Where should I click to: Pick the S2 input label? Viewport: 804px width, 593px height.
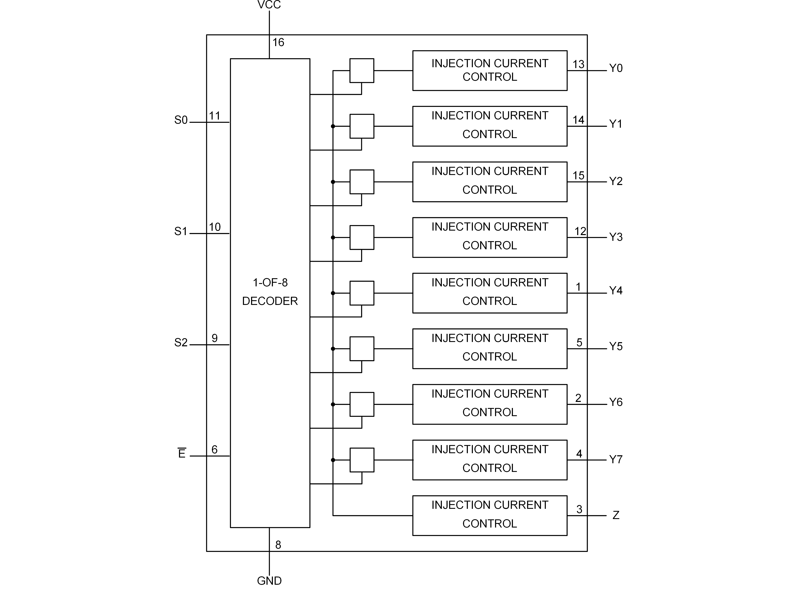pos(181,342)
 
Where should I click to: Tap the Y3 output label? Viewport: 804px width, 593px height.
pos(615,237)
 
